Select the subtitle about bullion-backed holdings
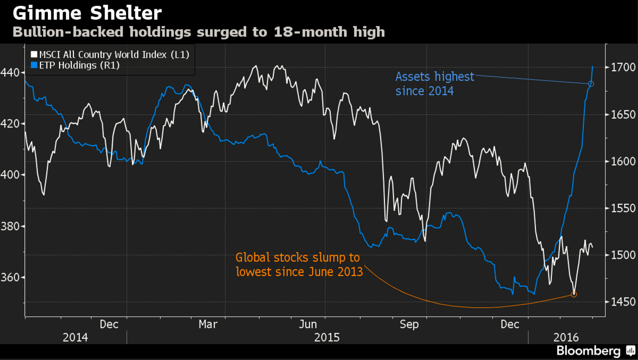198,32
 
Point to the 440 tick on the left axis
12,73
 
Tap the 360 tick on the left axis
12,277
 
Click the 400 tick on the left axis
12,175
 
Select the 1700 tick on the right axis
620,68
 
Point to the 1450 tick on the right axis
620,302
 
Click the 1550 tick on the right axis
620,209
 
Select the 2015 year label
327,337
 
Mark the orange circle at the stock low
574,294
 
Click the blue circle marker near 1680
591,84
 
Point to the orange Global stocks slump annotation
299,264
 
